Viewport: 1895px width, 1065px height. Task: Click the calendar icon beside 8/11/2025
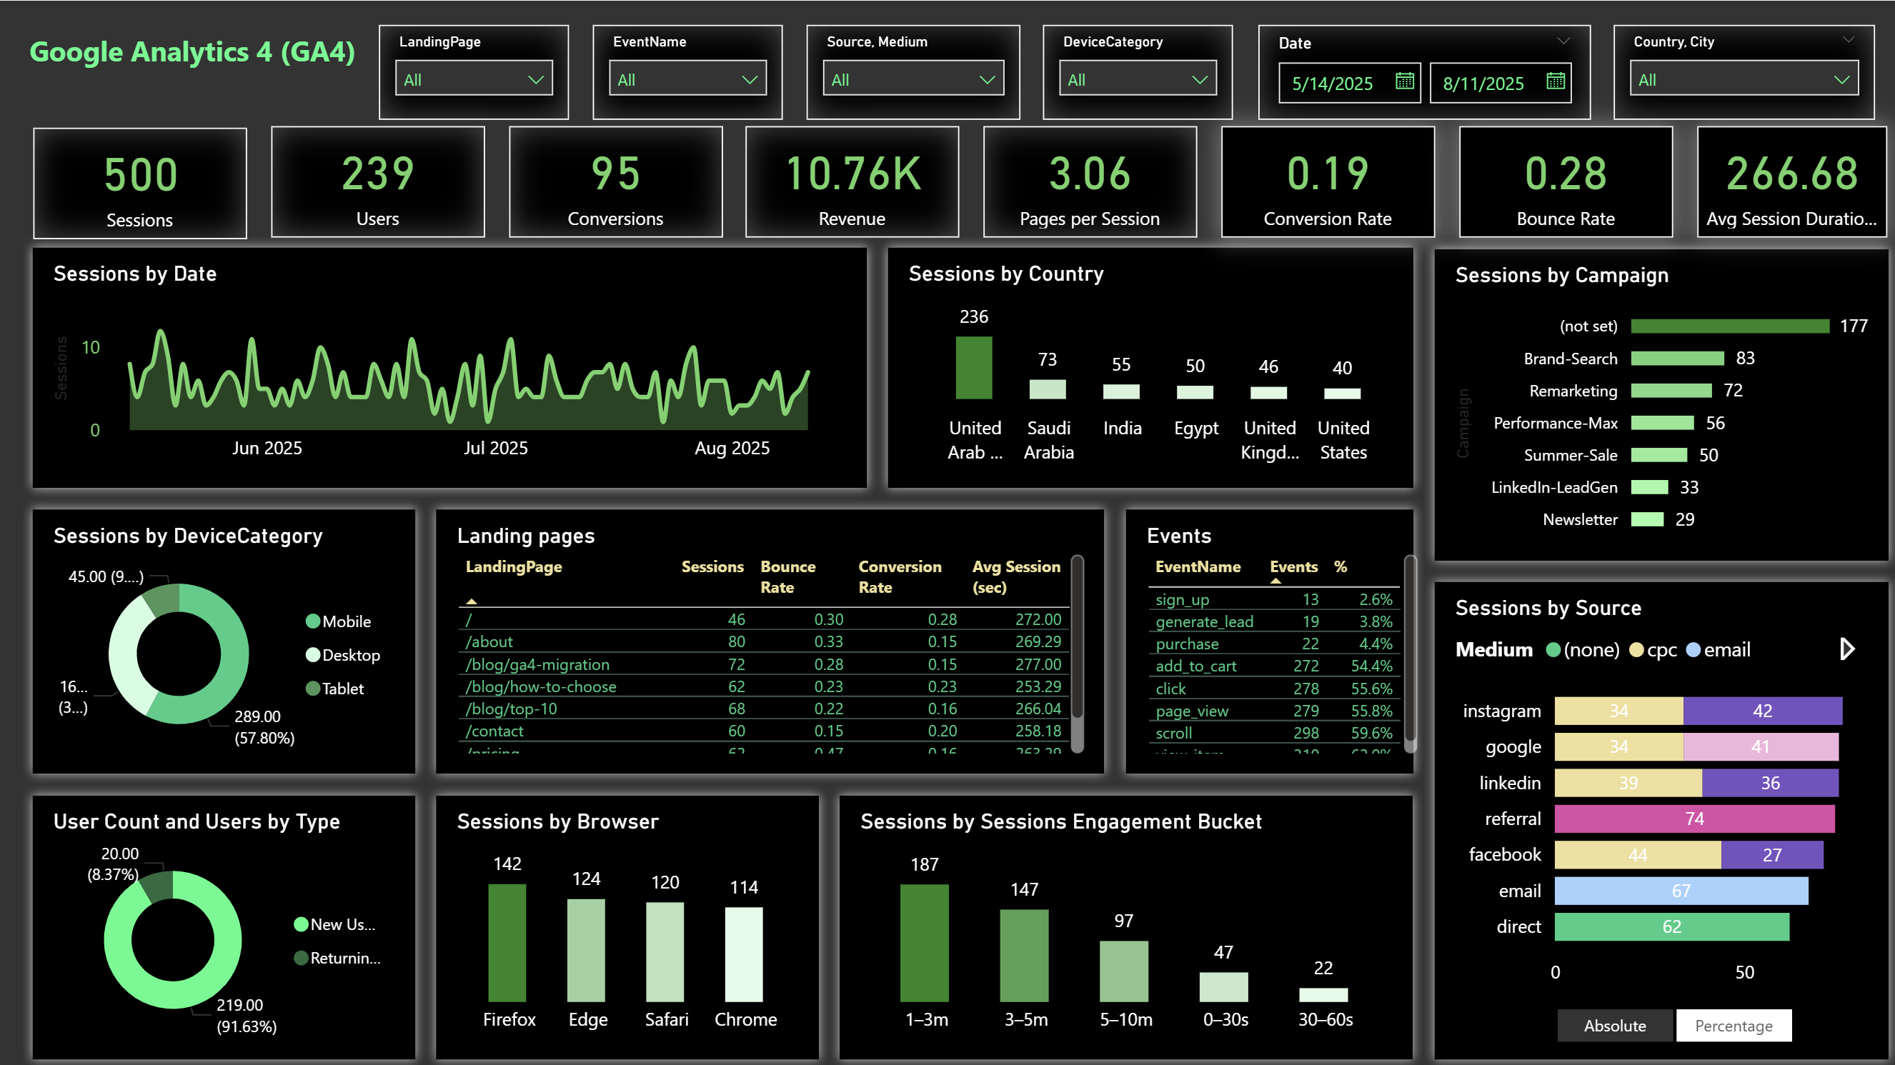pos(1554,81)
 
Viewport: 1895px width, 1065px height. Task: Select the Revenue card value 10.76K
pos(852,174)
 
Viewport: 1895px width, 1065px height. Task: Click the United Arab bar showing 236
pos(973,367)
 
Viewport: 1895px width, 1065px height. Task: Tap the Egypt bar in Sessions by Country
pos(1195,392)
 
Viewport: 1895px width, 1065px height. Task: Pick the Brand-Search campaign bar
pos(1676,358)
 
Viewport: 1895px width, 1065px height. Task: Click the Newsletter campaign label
pos(1579,519)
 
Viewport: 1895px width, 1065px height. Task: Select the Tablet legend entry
pos(342,689)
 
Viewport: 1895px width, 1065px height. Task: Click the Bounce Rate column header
pos(787,576)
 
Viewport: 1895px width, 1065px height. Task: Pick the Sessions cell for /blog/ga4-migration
pos(736,664)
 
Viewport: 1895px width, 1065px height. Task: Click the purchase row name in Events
pos(1187,644)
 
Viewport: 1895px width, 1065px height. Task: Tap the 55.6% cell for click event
pos(1371,689)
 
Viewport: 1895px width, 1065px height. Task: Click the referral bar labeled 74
pos(1693,819)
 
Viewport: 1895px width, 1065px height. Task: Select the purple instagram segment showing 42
pos(1762,711)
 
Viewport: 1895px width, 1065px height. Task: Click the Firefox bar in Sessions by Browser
pos(507,942)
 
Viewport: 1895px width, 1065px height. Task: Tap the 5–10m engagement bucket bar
pos(1123,971)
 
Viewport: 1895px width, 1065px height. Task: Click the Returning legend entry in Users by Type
pos(344,958)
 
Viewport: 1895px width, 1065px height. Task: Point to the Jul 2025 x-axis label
pos(495,448)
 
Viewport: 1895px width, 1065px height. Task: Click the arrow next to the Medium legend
pos(1846,649)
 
